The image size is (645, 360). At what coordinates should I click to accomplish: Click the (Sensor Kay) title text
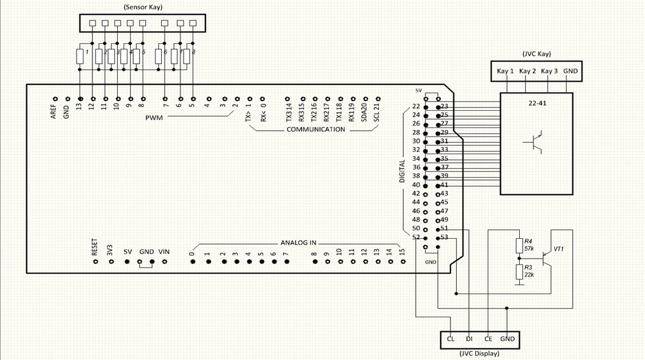142,7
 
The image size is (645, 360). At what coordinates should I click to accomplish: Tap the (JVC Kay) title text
536,54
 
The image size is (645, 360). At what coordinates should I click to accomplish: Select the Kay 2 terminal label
526,71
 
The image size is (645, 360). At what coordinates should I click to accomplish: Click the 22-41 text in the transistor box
536,103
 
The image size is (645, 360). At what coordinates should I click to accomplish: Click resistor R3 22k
519,271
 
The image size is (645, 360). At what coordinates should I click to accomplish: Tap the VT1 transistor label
559,250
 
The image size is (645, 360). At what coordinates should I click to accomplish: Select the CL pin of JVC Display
451,339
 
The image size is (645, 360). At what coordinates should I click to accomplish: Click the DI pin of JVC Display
469,339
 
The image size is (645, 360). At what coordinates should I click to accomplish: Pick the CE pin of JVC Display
488,339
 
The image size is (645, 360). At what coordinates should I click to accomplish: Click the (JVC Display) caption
479,353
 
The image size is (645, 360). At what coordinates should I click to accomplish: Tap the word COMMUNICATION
316,129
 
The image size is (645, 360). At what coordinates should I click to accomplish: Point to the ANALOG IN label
298,242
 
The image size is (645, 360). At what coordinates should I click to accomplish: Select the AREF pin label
53,111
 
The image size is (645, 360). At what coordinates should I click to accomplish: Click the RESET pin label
95,248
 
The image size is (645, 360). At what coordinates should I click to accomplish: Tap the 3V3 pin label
110,250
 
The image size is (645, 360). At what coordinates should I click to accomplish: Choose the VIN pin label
164,251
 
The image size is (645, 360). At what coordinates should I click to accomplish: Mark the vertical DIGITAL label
401,171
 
